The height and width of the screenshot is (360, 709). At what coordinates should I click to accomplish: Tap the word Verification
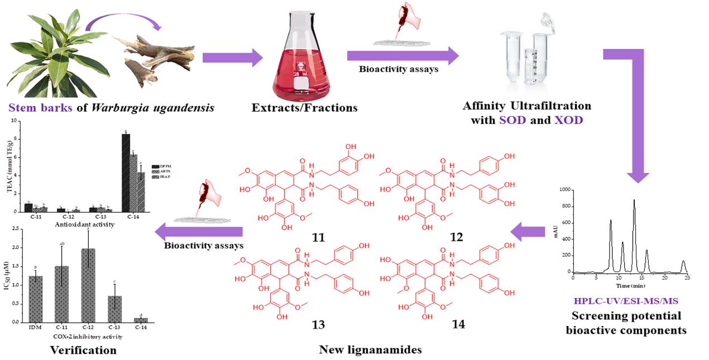[83, 351]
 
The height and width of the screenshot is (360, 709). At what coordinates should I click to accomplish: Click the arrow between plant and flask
[232, 57]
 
